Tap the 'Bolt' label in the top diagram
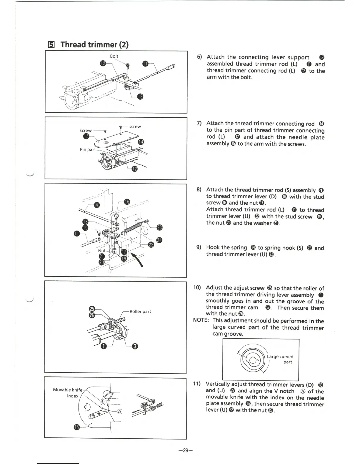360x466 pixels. click(x=114, y=56)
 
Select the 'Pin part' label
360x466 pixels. click(x=88, y=149)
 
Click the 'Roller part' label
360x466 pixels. click(x=140, y=312)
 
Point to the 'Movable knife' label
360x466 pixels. click(x=68, y=390)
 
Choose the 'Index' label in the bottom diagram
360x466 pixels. click(x=73, y=396)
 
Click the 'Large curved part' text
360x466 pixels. click(x=280, y=359)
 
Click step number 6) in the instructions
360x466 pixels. click(x=199, y=57)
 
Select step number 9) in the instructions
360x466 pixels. click(x=199, y=247)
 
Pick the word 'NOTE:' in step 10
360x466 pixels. click(x=201, y=321)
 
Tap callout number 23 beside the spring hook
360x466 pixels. click(x=159, y=227)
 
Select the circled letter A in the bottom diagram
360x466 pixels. click(x=120, y=412)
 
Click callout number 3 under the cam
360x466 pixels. click(x=135, y=346)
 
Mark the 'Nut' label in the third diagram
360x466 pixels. click(x=102, y=251)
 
